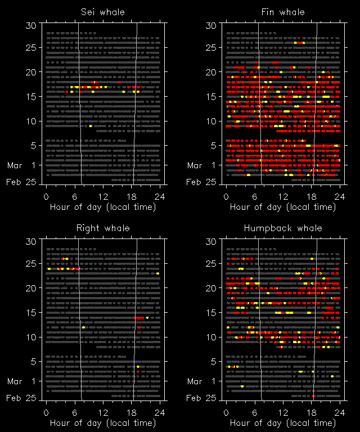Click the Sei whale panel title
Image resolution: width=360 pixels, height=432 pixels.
[103, 12]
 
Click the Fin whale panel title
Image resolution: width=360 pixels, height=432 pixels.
[283, 12]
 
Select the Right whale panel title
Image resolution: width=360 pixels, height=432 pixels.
[103, 228]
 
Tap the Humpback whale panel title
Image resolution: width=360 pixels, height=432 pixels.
[283, 228]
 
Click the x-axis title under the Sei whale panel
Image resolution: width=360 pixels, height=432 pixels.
[103, 206]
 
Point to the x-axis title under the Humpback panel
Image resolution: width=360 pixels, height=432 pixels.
[283, 422]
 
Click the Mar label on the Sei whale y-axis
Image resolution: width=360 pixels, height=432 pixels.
[14, 165]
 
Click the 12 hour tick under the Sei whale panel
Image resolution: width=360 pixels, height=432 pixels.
[103, 196]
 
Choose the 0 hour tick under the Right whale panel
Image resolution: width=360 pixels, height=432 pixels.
[46, 412]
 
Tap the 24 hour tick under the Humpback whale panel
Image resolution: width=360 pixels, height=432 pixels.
[340, 412]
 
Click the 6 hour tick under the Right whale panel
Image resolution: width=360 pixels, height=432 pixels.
[75, 412]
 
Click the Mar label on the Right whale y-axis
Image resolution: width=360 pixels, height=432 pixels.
[14, 381]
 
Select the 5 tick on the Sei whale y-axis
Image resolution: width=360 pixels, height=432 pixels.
[33, 145]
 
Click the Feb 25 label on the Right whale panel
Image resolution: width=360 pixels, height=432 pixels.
[21, 398]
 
